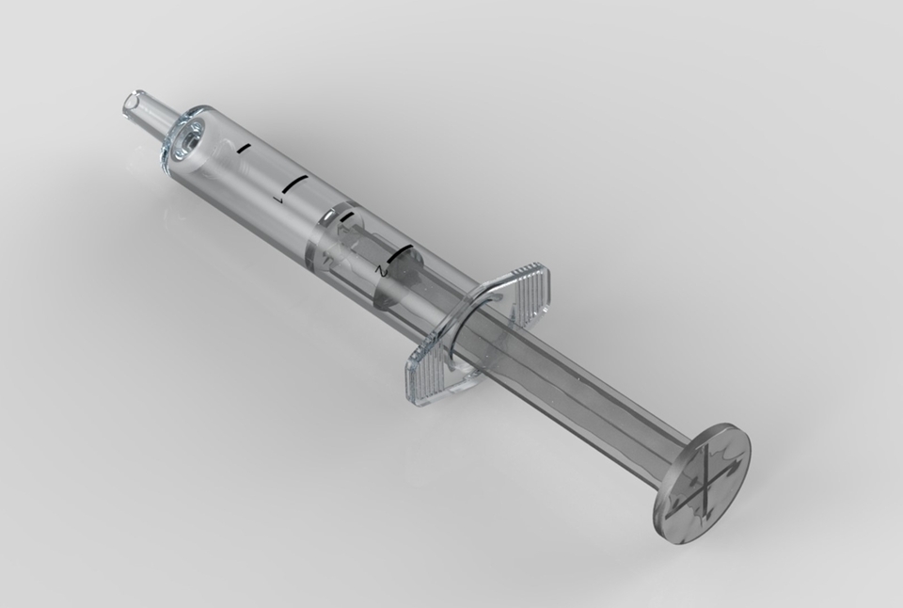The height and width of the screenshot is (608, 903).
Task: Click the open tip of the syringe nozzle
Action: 131,103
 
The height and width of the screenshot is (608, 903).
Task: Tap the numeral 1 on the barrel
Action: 277,200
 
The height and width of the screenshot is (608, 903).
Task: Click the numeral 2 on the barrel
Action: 380,269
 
